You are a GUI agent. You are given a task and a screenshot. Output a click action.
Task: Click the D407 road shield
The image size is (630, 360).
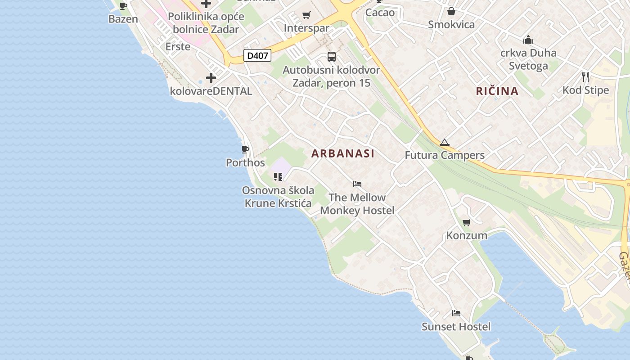coord(257,56)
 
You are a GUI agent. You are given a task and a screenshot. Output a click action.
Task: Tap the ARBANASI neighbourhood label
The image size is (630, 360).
coord(343,153)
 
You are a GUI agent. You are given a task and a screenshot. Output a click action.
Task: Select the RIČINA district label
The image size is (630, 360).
coord(497,91)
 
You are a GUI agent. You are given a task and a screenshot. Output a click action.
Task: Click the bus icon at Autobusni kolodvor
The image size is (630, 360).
coord(332,57)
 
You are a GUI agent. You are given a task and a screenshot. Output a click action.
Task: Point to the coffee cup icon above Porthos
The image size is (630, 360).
coord(245,149)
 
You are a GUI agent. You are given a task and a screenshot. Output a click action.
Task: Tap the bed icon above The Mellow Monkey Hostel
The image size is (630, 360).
coord(357,184)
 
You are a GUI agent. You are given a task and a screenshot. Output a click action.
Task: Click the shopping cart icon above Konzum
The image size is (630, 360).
coord(467,222)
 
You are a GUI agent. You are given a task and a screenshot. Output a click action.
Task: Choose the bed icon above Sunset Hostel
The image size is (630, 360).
coord(456,313)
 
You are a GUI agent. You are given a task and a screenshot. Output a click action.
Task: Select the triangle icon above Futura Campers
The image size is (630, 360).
coord(445,143)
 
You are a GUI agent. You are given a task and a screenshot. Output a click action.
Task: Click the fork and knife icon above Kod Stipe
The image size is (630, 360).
coord(585,77)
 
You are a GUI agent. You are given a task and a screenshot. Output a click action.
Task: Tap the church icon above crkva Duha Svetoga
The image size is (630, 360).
coord(528,40)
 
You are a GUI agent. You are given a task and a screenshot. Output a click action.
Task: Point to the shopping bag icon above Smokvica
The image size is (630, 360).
coord(451,11)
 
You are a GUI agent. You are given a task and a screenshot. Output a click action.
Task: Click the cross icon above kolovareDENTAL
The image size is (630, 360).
coord(211,78)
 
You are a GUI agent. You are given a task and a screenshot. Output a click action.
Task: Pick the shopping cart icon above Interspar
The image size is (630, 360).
coord(306,15)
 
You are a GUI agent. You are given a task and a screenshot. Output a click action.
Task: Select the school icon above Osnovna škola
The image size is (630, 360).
coord(278,177)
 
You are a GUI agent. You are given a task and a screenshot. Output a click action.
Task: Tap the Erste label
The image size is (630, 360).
coord(178,47)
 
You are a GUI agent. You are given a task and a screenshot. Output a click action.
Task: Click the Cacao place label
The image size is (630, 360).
coord(380,13)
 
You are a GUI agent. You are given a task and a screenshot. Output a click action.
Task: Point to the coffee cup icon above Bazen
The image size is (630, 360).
coord(123,6)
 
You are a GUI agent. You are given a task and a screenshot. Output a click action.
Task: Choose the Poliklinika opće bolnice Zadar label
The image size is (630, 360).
coord(206,23)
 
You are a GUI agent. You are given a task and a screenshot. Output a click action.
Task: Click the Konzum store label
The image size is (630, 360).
coord(467,235)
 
